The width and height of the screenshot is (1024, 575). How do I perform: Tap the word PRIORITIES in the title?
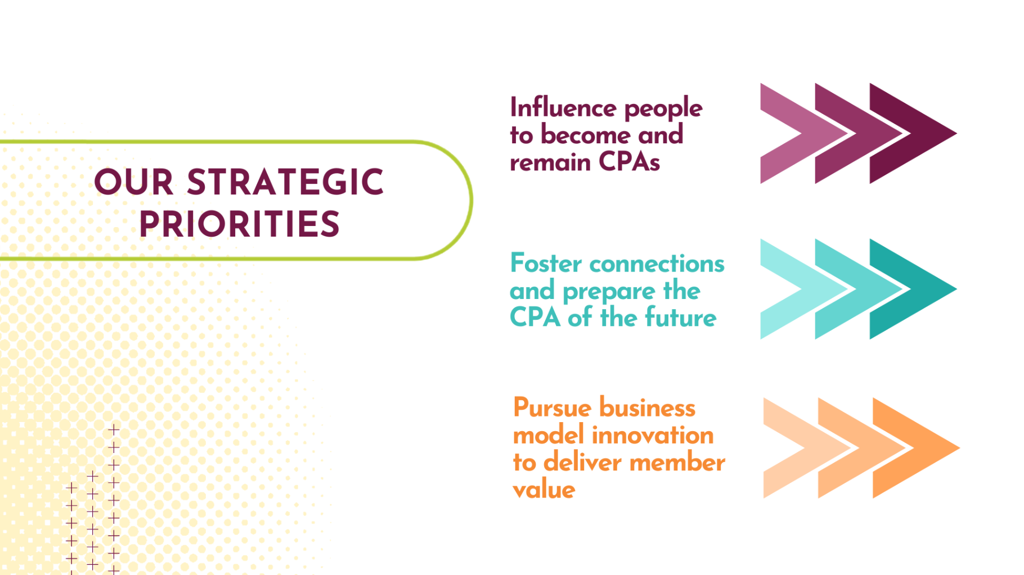point(240,224)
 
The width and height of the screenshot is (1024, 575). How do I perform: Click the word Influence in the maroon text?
point(563,107)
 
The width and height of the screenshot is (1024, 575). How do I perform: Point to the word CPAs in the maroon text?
point(629,162)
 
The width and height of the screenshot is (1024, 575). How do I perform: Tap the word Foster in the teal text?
point(546,263)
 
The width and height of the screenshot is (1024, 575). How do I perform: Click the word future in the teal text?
point(681,317)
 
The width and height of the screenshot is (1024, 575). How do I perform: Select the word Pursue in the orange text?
point(549,408)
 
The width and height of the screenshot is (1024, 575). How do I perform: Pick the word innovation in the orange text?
point(653,435)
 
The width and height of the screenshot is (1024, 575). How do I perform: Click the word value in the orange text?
point(544,490)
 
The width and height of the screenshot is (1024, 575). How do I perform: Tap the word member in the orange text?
point(677,462)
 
